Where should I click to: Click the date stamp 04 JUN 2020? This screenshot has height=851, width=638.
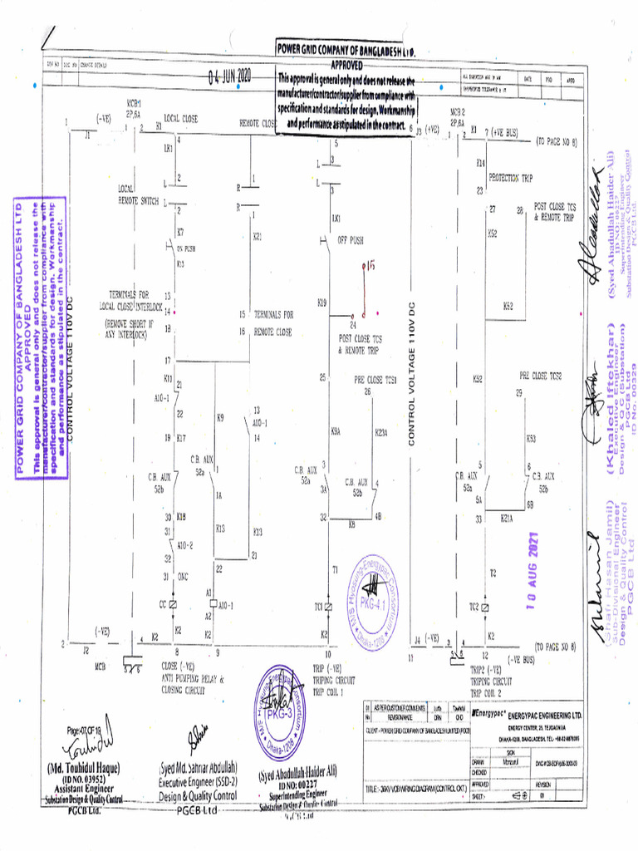coord(230,77)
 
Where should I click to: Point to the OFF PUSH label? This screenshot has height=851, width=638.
coord(350,240)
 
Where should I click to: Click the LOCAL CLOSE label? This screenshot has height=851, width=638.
coord(180,120)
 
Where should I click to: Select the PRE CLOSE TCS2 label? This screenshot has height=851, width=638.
coord(541,376)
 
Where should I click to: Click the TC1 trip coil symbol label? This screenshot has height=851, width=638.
coord(318,608)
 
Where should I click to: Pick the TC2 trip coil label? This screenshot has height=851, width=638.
coord(474,608)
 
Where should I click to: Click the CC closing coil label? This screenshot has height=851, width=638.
coord(163,603)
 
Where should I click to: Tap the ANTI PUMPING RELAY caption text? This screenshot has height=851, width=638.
coord(194,679)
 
